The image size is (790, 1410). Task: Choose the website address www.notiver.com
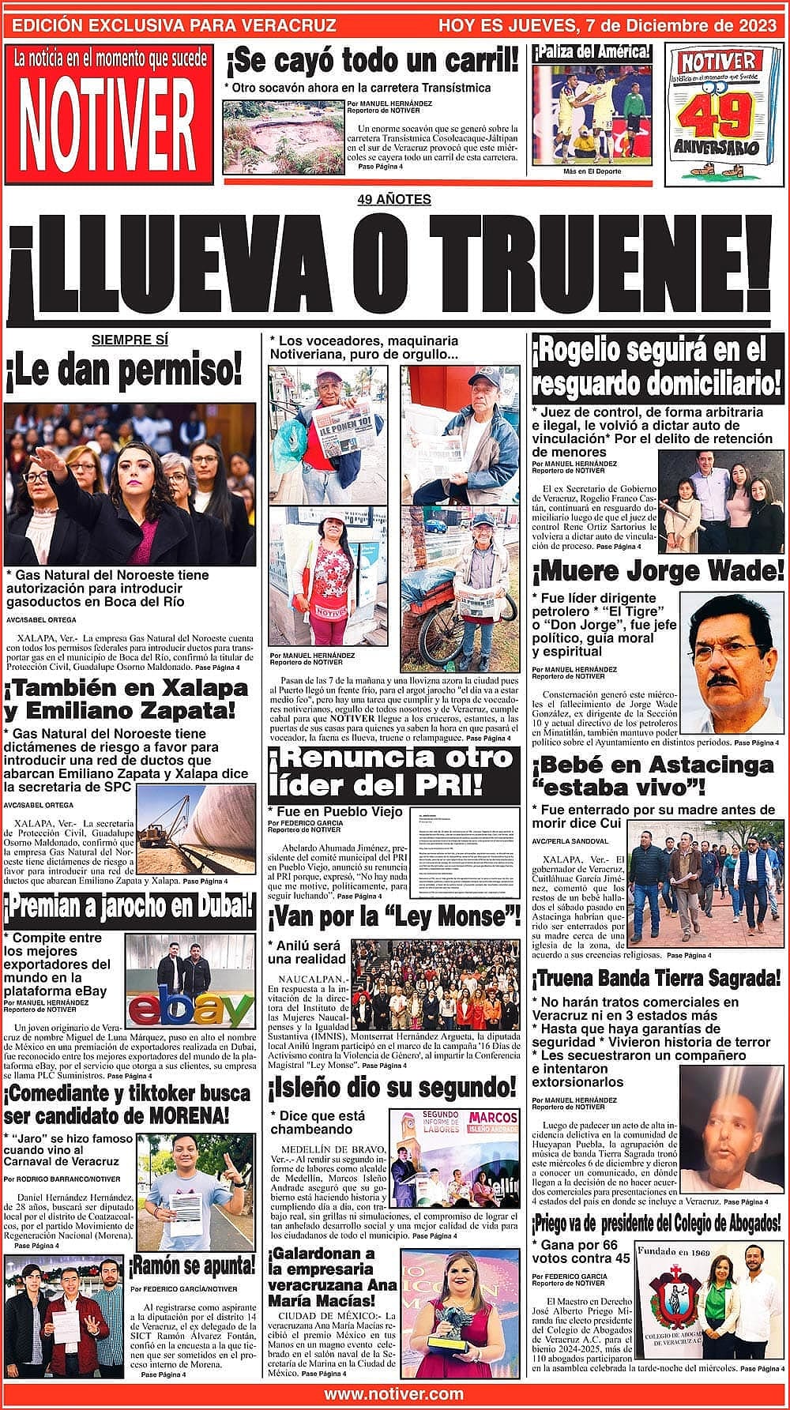click(x=393, y=1393)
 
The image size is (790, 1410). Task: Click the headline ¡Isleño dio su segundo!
click(x=392, y=1088)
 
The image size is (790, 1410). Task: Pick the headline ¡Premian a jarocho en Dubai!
click(x=130, y=909)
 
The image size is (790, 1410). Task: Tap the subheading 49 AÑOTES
click(x=394, y=199)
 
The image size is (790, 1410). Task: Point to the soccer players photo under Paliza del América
click(x=592, y=113)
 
